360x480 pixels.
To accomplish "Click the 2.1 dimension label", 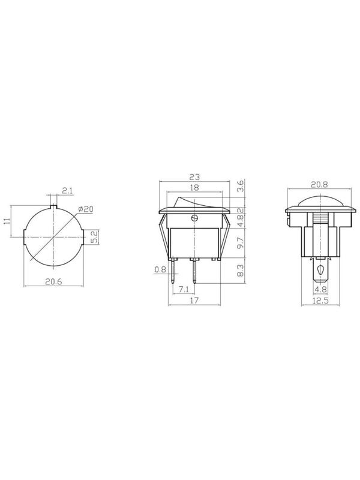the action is point(67,191).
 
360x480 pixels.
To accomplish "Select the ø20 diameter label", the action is point(86,209).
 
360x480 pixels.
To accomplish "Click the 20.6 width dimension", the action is point(53,281).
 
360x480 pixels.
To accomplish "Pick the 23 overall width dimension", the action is point(194,177).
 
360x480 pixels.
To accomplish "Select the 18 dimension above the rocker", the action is point(194,187).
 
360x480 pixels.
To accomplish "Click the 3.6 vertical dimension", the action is point(241,186).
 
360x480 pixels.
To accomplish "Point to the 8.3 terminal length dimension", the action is point(241,271).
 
